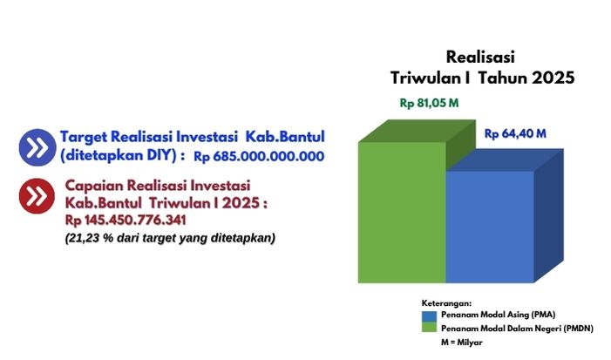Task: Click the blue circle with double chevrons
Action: (37, 147)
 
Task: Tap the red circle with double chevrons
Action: (37, 196)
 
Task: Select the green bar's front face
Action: (402, 213)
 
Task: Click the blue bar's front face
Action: (490, 227)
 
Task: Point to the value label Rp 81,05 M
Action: (429, 103)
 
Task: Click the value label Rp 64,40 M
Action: (515, 133)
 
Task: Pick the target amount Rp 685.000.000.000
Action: (259, 156)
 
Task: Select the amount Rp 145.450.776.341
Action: (126, 221)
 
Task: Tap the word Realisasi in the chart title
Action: (480, 57)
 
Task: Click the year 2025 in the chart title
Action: (553, 78)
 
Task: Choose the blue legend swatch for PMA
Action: (429, 316)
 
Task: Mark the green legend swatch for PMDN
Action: (429, 327)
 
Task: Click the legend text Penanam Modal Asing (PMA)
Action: (498, 315)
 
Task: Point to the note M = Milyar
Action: (462, 343)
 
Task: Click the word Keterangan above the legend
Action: (446, 303)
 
